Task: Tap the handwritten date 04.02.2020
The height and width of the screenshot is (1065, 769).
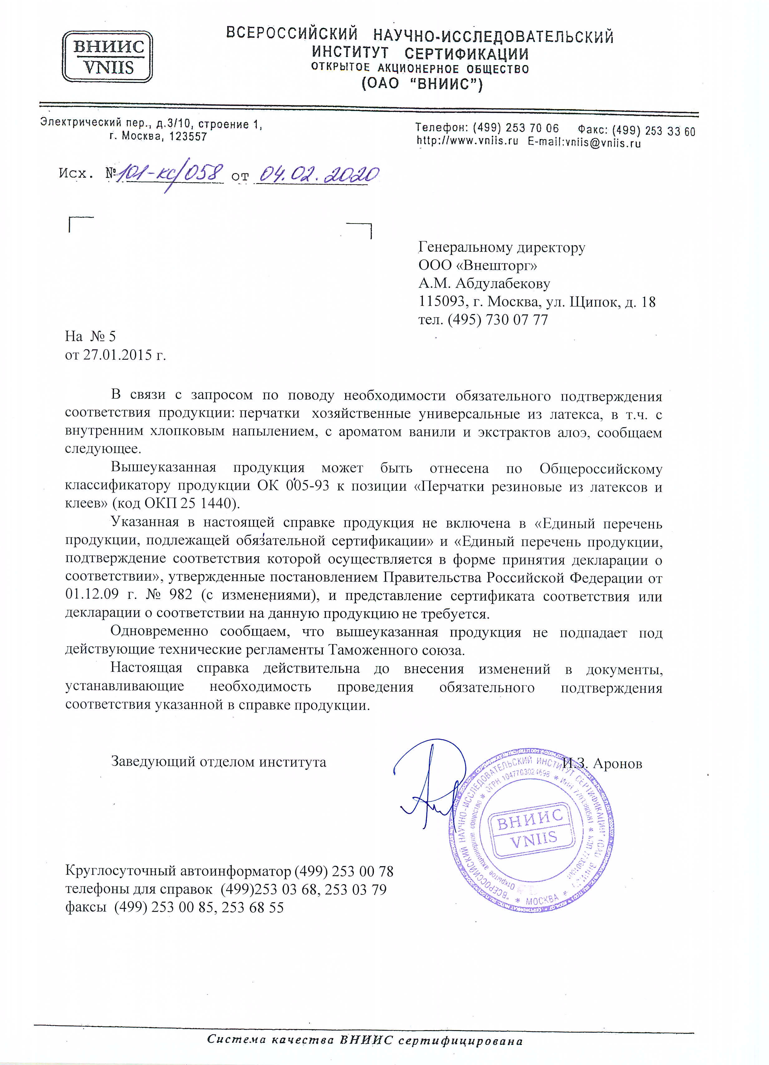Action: pos(316,174)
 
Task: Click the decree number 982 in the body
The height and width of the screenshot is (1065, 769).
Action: pos(180,595)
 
